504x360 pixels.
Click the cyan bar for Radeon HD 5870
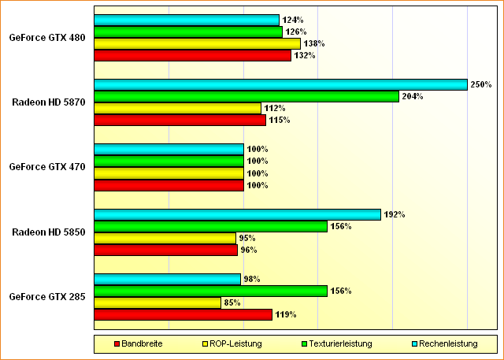tap(280, 84)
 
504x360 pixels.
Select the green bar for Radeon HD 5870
tap(246, 96)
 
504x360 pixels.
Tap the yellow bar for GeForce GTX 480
tap(197, 43)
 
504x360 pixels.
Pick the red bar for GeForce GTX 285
tap(183, 314)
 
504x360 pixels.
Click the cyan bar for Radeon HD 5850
tap(237, 214)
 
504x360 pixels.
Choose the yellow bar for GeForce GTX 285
tap(157, 302)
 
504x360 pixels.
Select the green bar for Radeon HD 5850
tap(210, 226)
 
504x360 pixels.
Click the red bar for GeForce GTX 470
tap(169, 185)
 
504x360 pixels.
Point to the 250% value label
tap(481, 84)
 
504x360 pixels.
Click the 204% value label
tap(413, 96)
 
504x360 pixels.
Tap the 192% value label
tap(394, 214)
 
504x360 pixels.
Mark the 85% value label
tap(232, 302)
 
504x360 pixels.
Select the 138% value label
tap(314, 43)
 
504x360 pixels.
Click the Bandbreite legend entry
tap(143, 343)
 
